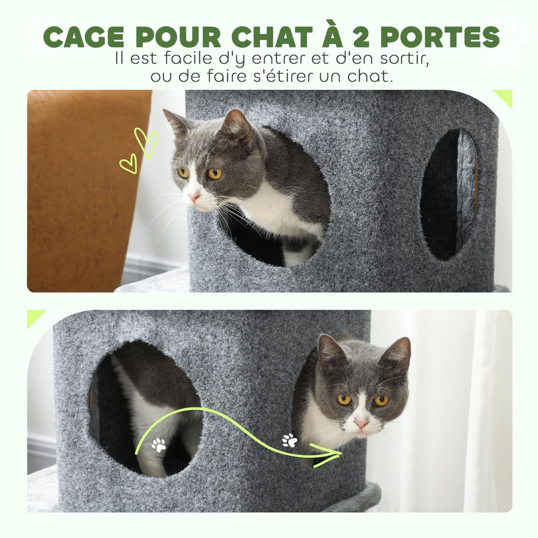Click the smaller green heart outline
point(129,164)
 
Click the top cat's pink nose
point(193,196)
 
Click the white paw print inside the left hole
point(159,444)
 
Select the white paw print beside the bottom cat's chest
point(290,440)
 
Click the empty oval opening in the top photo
point(449,195)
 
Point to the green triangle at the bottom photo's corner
point(35,317)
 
